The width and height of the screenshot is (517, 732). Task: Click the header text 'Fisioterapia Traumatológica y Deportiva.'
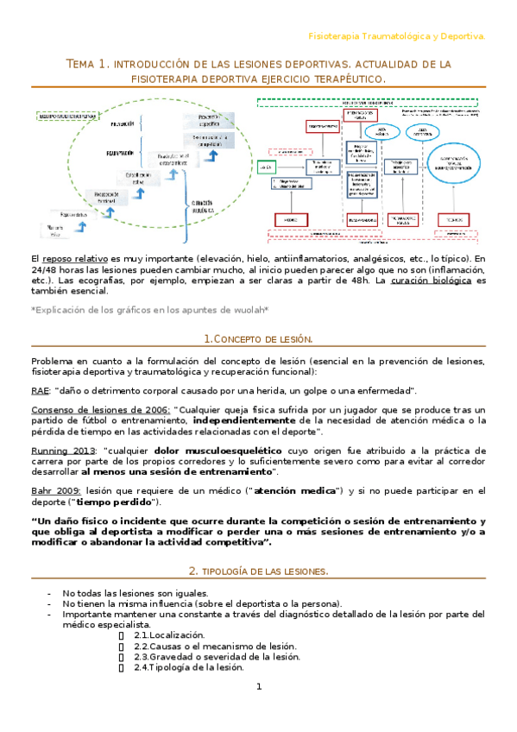tap(397, 36)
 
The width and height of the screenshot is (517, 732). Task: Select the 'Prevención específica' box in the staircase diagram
tap(210, 120)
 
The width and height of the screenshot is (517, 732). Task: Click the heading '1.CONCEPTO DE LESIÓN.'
tap(258, 340)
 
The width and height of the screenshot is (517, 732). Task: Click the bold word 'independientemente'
tap(245, 420)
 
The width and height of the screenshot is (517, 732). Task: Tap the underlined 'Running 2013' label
tap(63, 450)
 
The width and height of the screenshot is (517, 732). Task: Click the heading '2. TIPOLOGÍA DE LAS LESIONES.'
tap(258, 571)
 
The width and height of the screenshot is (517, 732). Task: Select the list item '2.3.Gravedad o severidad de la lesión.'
tap(217, 656)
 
